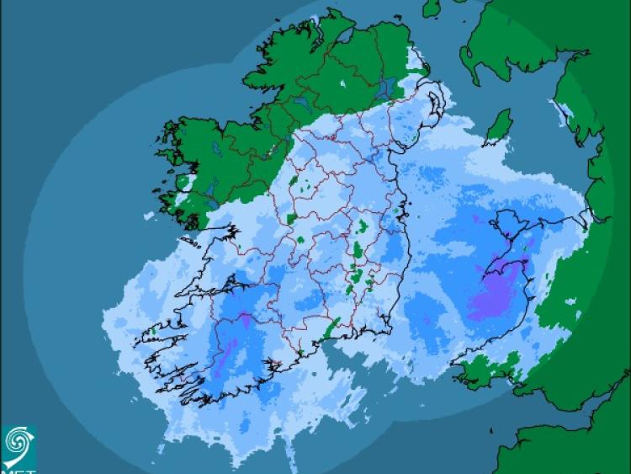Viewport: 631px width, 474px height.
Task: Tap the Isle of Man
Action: (x=500, y=126)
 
